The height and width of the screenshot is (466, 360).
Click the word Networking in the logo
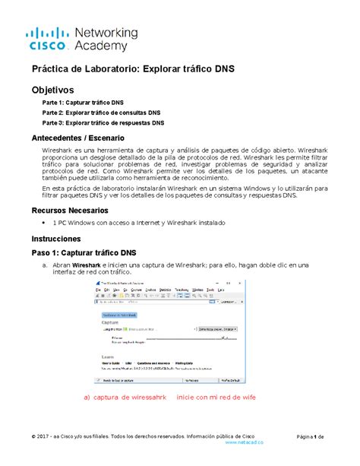click(106, 33)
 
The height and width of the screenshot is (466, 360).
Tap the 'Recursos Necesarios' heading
click(68, 209)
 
